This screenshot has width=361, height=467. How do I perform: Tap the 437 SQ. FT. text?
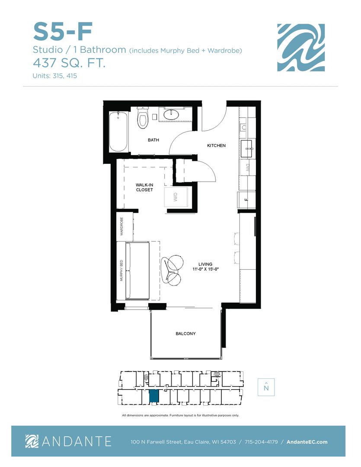69,63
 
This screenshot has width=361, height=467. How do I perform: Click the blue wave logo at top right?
301,48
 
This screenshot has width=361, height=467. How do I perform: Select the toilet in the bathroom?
143,118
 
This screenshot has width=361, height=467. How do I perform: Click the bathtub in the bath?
118,131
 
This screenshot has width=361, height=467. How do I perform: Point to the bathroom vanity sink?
171,115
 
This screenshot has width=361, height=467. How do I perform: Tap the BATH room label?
153,140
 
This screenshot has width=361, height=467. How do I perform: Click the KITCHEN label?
216,145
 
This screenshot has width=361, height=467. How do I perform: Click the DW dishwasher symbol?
248,168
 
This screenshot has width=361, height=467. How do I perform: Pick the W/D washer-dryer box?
176,197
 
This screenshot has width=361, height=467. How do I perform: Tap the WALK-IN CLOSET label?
144,187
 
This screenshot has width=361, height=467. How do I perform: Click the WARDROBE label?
121,226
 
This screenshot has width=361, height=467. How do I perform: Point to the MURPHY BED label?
121,270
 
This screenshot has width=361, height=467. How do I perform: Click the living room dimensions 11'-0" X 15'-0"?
205,269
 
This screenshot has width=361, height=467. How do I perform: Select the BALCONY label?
185,333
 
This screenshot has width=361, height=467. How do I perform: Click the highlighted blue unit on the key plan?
154,396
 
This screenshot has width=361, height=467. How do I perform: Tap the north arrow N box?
266,387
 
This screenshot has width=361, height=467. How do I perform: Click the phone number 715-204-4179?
261,441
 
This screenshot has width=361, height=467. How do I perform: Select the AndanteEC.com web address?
307,441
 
